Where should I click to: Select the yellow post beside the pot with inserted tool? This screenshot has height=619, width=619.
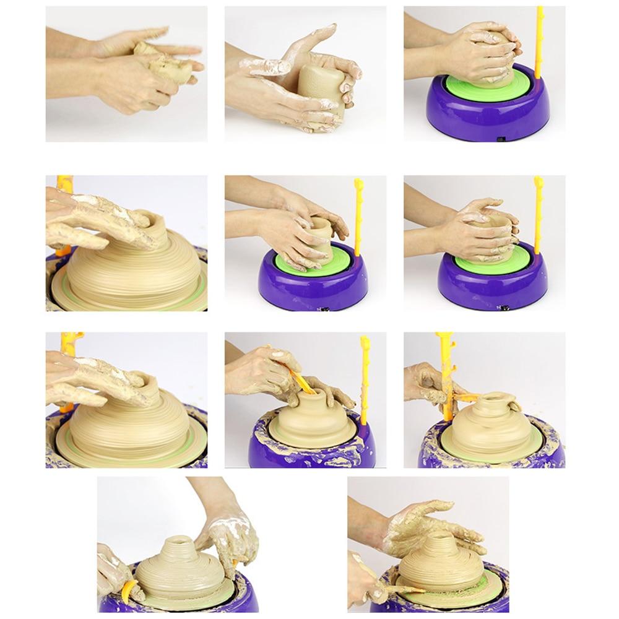point(365,378)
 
